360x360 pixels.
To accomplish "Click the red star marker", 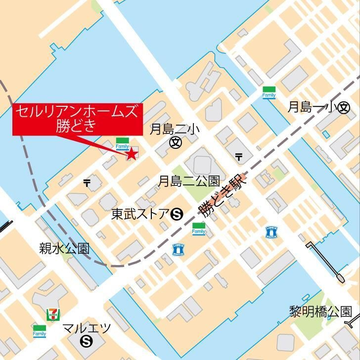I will click(x=132, y=154).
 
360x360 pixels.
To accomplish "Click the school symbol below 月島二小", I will click(x=175, y=143).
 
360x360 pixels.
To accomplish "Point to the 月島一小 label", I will click(x=312, y=107).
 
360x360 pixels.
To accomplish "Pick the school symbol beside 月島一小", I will click(x=344, y=108).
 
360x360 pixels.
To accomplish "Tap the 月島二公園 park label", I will click(x=188, y=181).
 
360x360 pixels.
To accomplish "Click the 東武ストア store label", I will click(x=140, y=214).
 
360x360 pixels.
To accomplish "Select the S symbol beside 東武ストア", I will click(x=177, y=215).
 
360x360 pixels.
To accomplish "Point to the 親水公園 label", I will click(x=65, y=248).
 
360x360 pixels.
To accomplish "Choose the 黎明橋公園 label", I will click(x=320, y=312).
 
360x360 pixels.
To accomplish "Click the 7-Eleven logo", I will click(x=51, y=314).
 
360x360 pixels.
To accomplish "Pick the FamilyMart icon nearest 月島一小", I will click(x=269, y=92).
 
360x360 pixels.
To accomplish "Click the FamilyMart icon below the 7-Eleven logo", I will click(x=40, y=331).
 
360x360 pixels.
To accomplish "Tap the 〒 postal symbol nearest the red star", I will click(x=87, y=183).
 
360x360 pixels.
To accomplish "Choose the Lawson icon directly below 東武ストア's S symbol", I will click(x=177, y=250).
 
